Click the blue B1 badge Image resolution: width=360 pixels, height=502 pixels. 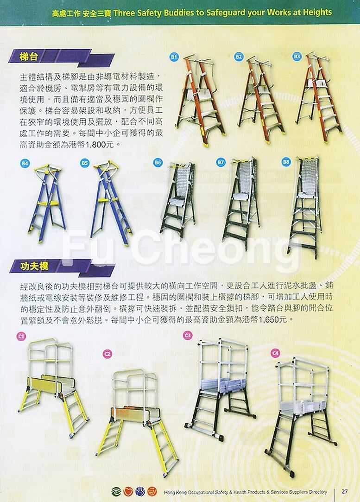[x=173, y=57]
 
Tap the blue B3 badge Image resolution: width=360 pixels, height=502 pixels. [x=297, y=57]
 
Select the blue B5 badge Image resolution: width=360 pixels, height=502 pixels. [x=84, y=163]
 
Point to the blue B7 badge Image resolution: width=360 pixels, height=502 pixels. [x=221, y=162]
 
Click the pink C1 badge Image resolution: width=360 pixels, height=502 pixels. [x=21, y=336]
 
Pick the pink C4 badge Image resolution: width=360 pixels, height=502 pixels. [x=275, y=353]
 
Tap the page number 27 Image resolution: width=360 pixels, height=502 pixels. [x=345, y=491]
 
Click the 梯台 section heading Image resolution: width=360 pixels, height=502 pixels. [x=29, y=57]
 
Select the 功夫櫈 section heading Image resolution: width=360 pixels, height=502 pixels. [x=34, y=266]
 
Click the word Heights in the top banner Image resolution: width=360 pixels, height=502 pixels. [x=316, y=12]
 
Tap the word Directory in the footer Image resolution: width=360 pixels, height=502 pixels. [x=316, y=492]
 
